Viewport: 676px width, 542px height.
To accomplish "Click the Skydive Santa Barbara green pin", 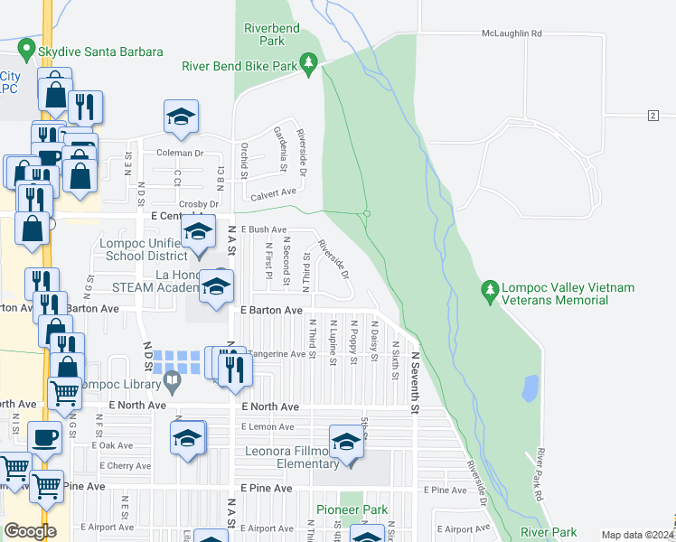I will [x=28, y=51].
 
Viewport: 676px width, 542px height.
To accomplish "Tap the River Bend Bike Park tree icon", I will [x=309, y=62].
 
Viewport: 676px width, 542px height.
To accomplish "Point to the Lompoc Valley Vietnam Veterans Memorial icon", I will [x=490, y=290].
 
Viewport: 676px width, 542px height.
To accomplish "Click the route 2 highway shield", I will [x=652, y=115].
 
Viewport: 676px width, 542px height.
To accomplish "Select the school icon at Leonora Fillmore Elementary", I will [x=345, y=441].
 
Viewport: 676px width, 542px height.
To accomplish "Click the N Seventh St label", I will [x=416, y=383].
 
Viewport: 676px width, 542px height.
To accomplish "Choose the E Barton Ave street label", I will [x=271, y=310].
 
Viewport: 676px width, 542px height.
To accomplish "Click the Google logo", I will [x=30, y=530].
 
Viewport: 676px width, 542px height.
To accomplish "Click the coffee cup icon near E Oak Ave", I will [x=44, y=437].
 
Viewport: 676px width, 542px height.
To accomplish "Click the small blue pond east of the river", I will [x=530, y=388].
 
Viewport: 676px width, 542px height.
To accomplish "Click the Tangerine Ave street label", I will [x=277, y=354].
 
